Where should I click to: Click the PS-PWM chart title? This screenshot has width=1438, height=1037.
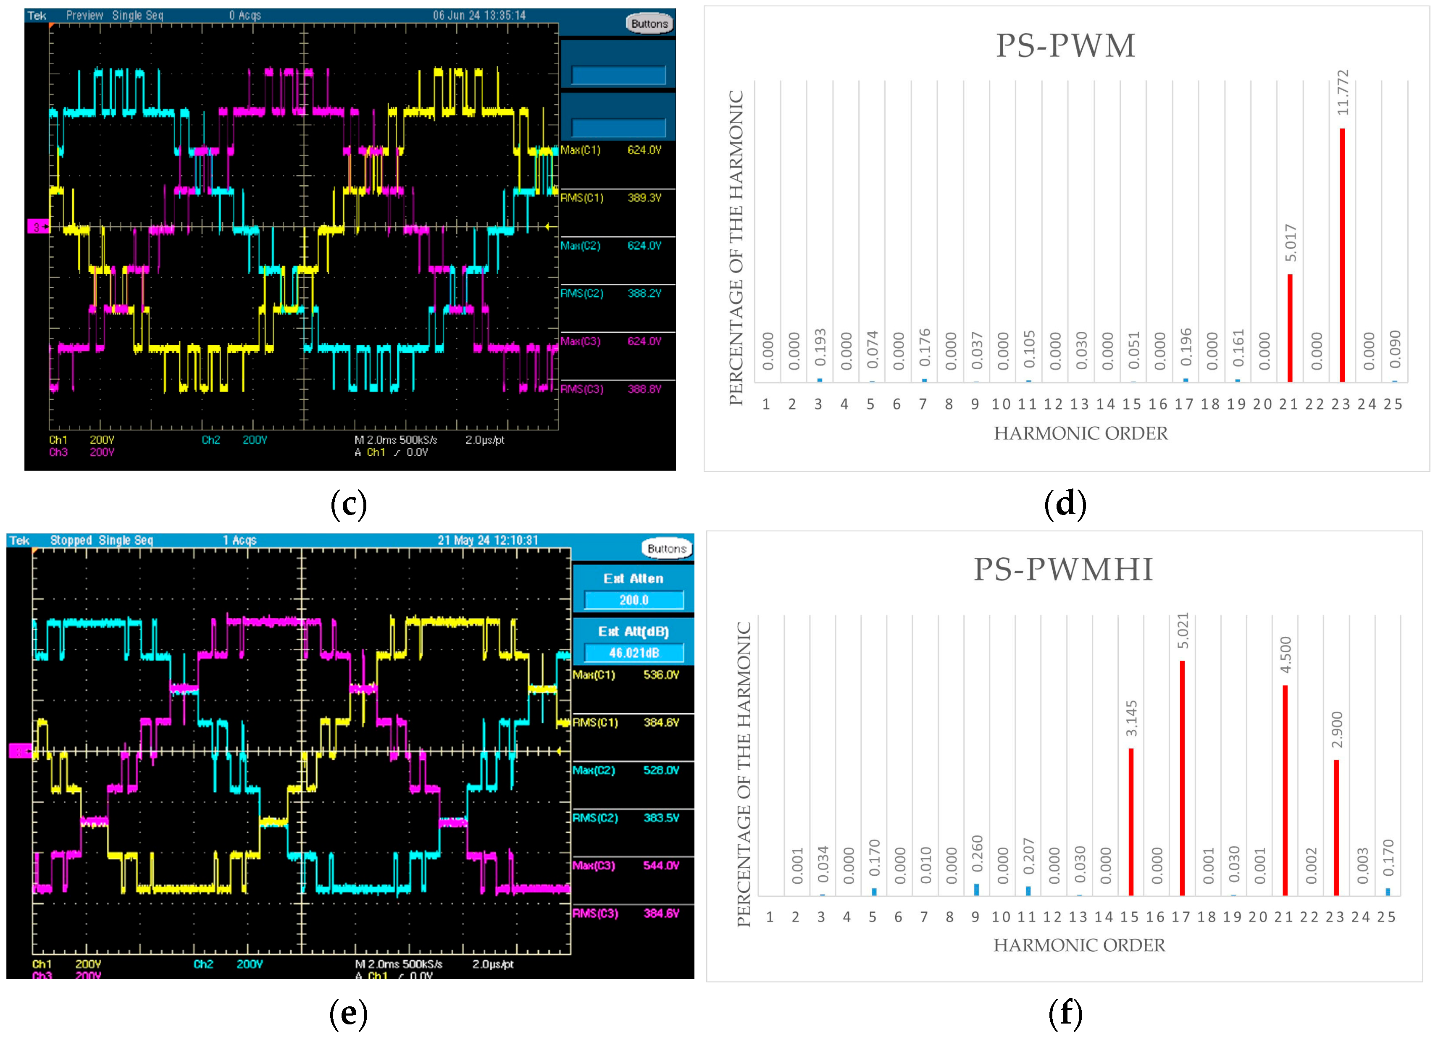tap(1065, 46)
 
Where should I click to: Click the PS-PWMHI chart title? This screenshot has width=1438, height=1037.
tap(1063, 569)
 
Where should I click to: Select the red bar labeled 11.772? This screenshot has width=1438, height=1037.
tap(1342, 254)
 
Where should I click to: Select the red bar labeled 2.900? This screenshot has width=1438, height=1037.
tap(1336, 827)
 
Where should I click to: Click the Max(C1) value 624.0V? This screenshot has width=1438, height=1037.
tap(644, 150)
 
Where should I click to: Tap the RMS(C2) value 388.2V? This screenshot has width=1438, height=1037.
tap(644, 294)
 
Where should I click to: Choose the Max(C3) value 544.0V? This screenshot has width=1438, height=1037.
tap(661, 865)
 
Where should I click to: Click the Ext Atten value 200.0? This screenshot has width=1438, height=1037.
tap(634, 600)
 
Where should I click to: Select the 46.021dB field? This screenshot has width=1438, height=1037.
tap(634, 652)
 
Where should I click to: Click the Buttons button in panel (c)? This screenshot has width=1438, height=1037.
tap(649, 24)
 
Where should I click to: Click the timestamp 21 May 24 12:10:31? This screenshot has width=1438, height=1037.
tap(488, 540)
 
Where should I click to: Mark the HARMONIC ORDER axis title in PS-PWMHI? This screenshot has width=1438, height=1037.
tap(1079, 945)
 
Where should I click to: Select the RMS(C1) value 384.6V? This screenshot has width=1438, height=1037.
tap(661, 722)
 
